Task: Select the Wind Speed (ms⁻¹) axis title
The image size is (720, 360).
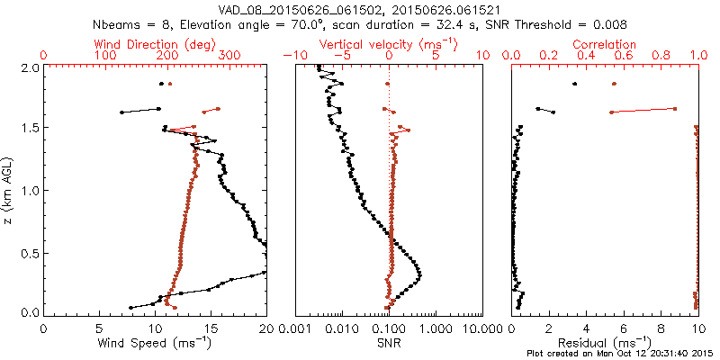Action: click(156, 344)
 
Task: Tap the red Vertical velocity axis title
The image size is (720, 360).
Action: click(389, 43)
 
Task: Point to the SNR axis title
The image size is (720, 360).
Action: click(389, 343)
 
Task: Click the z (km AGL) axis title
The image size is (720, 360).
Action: click(9, 189)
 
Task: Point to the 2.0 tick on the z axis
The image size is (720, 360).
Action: click(29, 67)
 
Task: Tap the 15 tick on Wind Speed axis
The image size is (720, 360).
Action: click(211, 329)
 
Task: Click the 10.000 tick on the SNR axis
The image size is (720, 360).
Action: click(481, 329)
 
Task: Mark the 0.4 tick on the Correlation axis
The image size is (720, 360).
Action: click(586, 56)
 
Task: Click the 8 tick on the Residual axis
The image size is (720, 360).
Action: click(661, 329)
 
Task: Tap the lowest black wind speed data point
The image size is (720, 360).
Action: click(131, 307)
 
